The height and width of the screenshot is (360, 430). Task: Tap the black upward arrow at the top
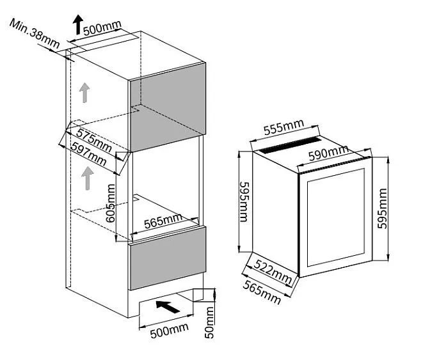[77, 25]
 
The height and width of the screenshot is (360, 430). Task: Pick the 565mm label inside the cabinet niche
[163, 222]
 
